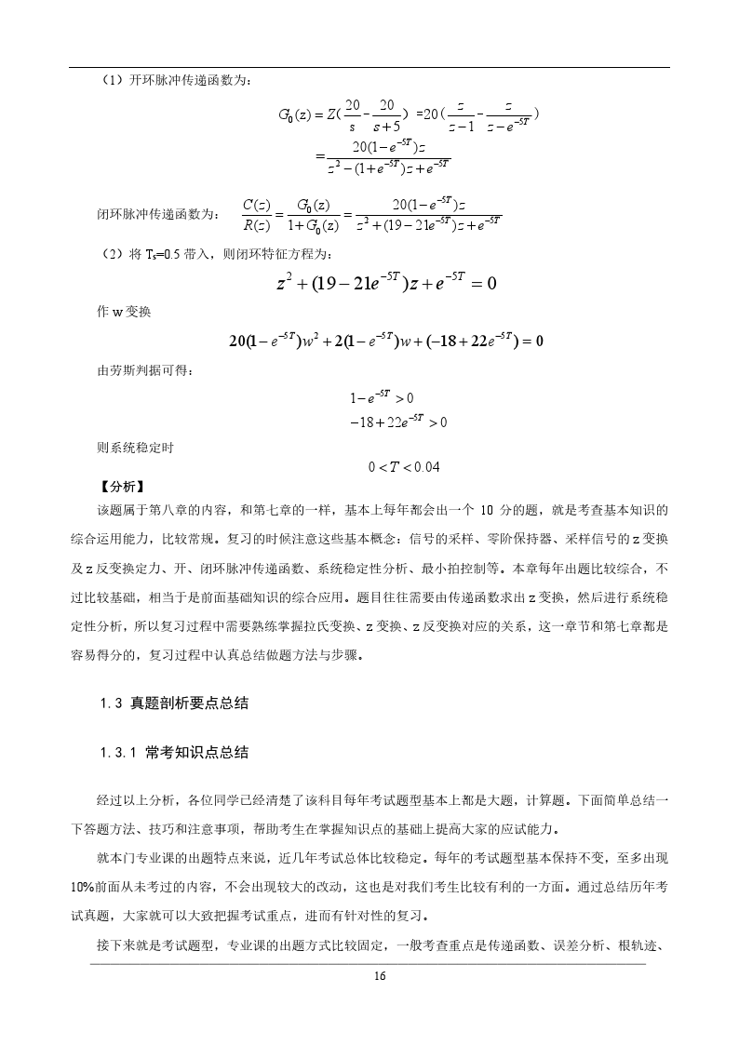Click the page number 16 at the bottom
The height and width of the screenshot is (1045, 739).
(x=379, y=976)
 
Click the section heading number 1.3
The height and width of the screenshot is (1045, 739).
(x=112, y=703)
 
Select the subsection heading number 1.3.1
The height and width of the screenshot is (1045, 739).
(x=118, y=752)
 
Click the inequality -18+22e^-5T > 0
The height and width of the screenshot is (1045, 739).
(x=398, y=422)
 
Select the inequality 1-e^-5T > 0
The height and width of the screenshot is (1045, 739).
(x=382, y=397)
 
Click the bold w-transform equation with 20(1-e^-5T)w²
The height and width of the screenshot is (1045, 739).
(x=385, y=341)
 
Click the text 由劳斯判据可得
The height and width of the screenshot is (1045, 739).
(x=134, y=371)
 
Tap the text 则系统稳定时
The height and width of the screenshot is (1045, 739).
(x=128, y=448)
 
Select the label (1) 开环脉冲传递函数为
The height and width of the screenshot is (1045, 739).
(x=173, y=81)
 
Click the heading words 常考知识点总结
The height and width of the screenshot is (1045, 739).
(x=196, y=752)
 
